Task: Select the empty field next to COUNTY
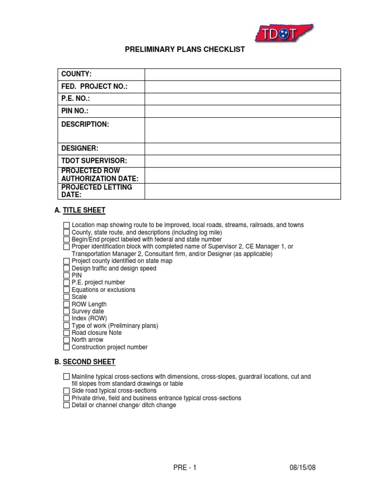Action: tap(242, 74)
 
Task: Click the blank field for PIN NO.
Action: tap(242, 111)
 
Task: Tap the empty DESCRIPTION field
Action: tap(242, 130)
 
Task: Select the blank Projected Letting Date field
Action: tap(242, 191)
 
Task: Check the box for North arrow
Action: tap(66, 340)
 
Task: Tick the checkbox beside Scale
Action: tap(66, 297)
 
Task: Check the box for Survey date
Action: tap(66, 312)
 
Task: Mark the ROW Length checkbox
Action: tap(66, 304)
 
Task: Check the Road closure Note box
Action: tap(66, 333)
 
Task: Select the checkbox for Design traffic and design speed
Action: tap(66, 269)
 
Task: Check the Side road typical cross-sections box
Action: tap(66, 391)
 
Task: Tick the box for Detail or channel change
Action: tap(66, 405)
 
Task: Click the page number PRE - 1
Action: tap(185, 468)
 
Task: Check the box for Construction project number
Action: tap(66, 347)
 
